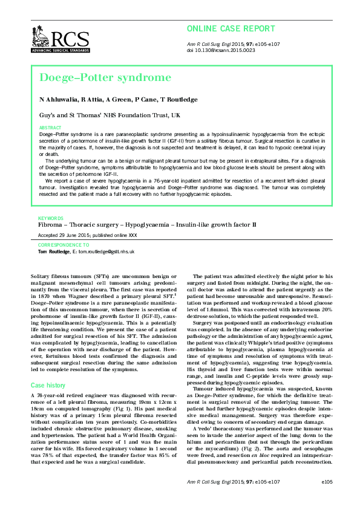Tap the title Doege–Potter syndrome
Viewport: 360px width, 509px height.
[105, 77]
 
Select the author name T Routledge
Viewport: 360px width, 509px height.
[179, 99]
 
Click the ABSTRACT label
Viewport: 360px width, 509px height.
[50, 128]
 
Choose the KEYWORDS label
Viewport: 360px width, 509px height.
[51, 217]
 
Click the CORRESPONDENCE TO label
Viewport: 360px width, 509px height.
[64, 245]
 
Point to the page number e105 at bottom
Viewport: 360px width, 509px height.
[327, 499]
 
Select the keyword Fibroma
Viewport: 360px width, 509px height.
[50, 224]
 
